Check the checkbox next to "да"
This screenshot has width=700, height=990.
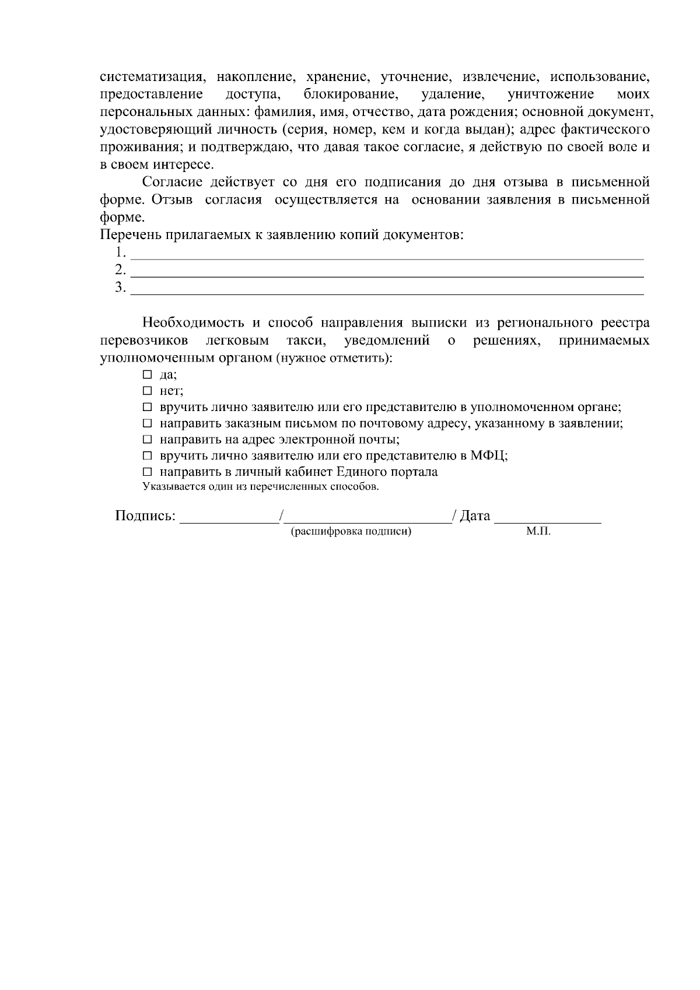(x=147, y=375)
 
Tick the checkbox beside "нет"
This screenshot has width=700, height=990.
(x=147, y=391)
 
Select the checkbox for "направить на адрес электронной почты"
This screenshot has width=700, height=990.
(x=147, y=440)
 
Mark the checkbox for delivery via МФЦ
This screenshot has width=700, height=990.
(x=147, y=456)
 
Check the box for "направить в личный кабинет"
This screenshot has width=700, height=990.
(x=147, y=472)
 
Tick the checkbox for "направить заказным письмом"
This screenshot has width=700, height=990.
(x=147, y=423)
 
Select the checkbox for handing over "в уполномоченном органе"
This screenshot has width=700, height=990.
(x=147, y=407)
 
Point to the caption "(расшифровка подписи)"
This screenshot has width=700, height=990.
(x=351, y=532)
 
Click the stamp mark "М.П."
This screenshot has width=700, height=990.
(x=538, y=532)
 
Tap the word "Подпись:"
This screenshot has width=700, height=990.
(x=145, y=516)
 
